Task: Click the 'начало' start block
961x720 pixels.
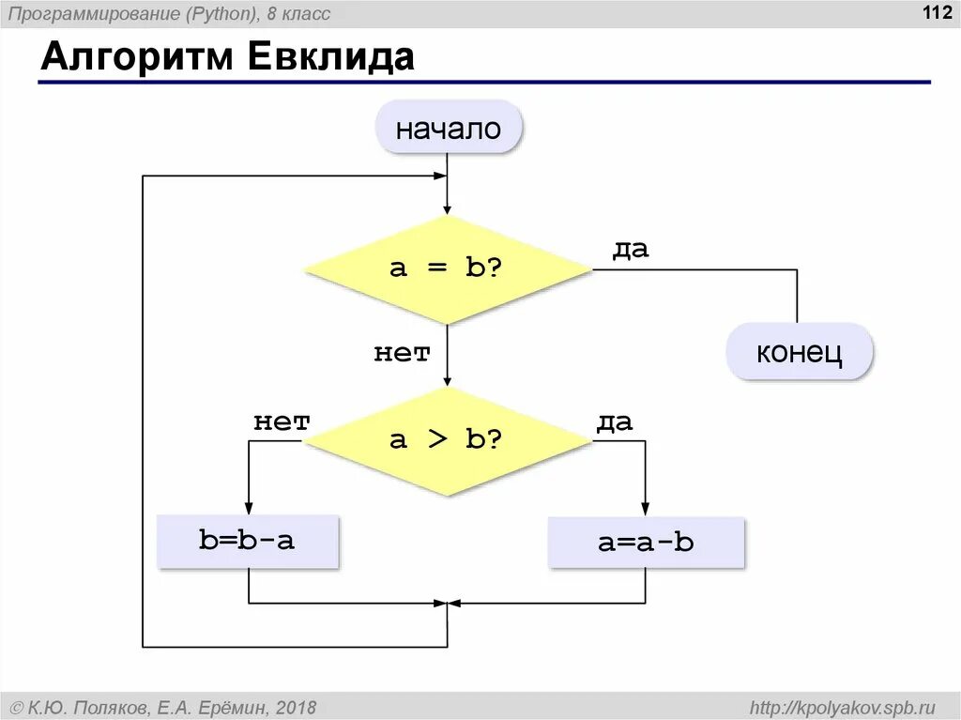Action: [x=448, y=129]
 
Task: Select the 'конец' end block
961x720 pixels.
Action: [x=800, y=352]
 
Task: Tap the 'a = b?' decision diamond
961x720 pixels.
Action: [x=447, y=268]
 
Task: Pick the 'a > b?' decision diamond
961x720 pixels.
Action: [x=447, y=439]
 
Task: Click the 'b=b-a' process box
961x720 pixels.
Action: [x=247, y=541]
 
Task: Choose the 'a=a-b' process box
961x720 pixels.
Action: [x=646, y=542]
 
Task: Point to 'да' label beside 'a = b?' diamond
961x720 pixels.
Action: [x=631, y=251]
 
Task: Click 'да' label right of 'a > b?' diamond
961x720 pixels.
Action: [x=615, y=422]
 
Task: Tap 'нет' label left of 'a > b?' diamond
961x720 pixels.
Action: [x=282, y=422]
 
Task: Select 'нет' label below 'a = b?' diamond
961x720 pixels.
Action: [x=402, y=353]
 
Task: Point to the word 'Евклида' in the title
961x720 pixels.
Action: [x=330, y=57]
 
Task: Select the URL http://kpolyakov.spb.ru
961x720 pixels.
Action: [x=844, y=707]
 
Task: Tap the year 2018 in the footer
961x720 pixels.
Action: [x=297, y=707]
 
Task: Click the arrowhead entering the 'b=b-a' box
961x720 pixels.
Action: [x=248, y=508]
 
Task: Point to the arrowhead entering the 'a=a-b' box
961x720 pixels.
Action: [x=646, y=508]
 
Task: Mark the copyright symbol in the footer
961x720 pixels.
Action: [x=16, y=707]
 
